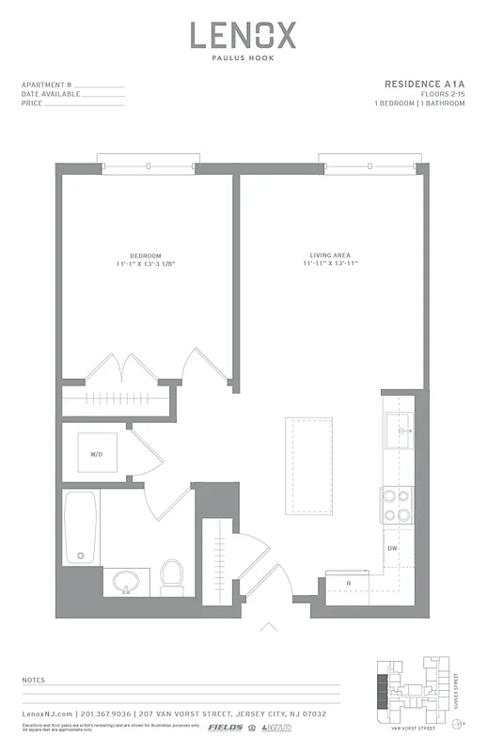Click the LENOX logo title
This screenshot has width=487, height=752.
click(x=243, y=36)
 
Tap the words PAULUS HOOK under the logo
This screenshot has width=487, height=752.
click(x=243, y=61)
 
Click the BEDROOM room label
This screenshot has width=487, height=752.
click(x=146, y=256)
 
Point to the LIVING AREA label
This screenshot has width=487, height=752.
click(x=331, y=256)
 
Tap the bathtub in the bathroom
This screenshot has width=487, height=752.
click(x=81, y=528)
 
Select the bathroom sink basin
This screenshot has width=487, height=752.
click(x=127, y=583)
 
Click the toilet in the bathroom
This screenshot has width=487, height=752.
click(x=172, y=576)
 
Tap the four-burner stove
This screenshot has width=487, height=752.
click(x=395, y=505)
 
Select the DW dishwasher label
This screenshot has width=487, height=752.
click(x=393, y=548)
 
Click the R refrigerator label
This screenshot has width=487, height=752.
click(x=349, y=584)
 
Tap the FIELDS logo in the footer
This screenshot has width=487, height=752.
click(x=225, y=727)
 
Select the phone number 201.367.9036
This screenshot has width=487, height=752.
click(x=111, y=714)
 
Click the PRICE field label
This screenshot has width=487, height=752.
click(x=31, y=103)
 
